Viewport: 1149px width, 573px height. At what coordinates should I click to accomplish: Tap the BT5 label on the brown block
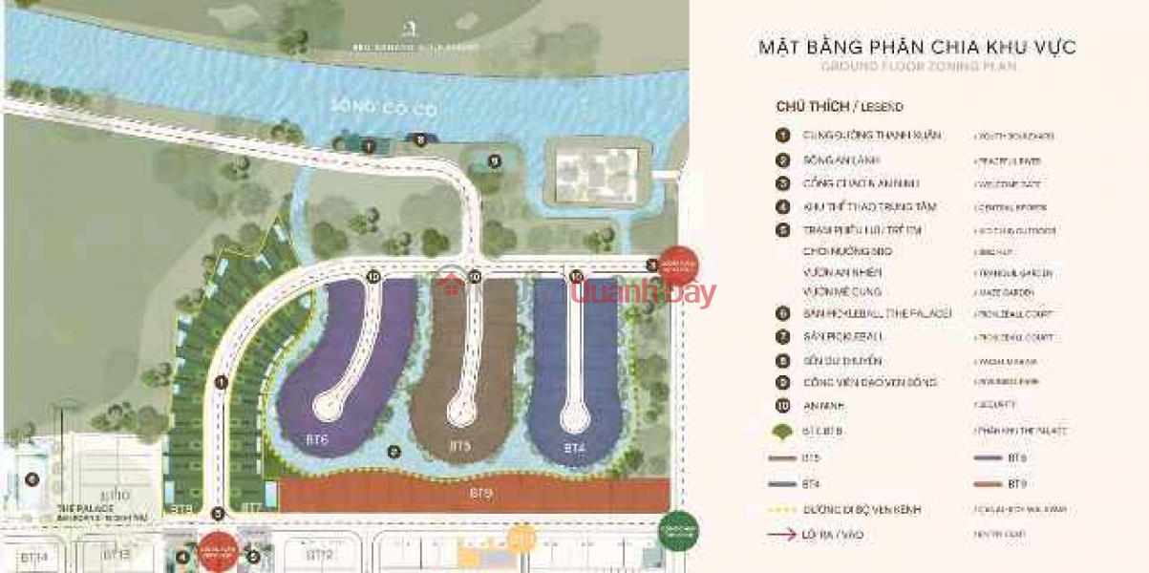pos(459,446)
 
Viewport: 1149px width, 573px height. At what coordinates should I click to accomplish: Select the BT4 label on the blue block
pos(573,447)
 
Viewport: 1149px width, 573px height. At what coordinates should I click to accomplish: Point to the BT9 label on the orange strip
pos(481,494)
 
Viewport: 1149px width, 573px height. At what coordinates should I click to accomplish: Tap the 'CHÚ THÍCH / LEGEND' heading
pos(840,107)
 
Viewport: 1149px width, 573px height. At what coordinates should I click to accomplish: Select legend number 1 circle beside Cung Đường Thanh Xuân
pos(782,137)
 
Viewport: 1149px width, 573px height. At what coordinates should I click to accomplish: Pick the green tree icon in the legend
pos(783,433)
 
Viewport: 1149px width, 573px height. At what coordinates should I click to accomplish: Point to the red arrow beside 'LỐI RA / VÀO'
pos(783,535)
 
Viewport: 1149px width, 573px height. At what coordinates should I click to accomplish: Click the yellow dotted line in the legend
pos(783,510)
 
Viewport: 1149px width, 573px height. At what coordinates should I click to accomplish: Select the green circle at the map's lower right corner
pos(679,531)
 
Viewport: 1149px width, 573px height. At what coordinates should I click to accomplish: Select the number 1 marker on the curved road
pos(221,382)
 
